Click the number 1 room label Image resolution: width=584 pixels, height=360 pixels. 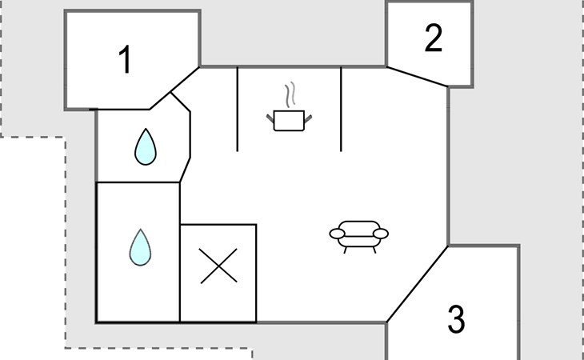(x=125, y=62)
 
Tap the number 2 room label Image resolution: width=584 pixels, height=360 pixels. (x=433, y=39)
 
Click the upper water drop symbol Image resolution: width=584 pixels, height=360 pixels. (x=145, y=147)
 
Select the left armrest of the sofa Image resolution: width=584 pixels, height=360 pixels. (x=338, y=234)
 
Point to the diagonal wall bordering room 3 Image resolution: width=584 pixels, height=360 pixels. (x=417, y=284)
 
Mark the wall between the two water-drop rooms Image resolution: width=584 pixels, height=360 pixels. (x=138, y=182)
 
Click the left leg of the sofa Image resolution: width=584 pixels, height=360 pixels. (x=346, y=250)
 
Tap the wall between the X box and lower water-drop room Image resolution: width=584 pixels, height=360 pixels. (x=180, y=272)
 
